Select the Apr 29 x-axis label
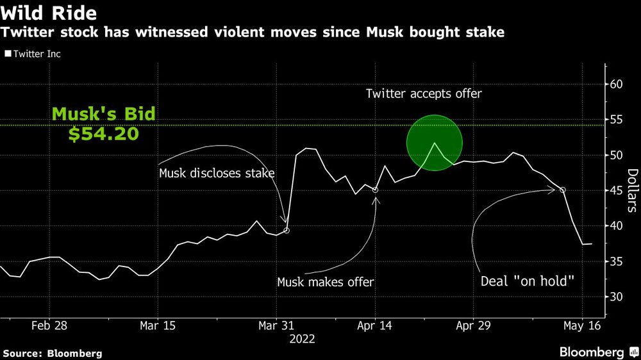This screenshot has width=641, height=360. pos(472,325)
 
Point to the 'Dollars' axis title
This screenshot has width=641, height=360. pos(631,190)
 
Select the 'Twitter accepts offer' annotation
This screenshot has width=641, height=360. pos(423,94)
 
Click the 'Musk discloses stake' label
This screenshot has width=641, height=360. pos(217,173)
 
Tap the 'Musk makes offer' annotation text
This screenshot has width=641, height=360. pos(326,281)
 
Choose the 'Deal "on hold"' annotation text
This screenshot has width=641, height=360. pos(528,281)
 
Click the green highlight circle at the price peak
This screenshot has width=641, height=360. pos(434,143)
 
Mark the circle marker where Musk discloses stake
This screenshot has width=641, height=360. pos(287,230)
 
